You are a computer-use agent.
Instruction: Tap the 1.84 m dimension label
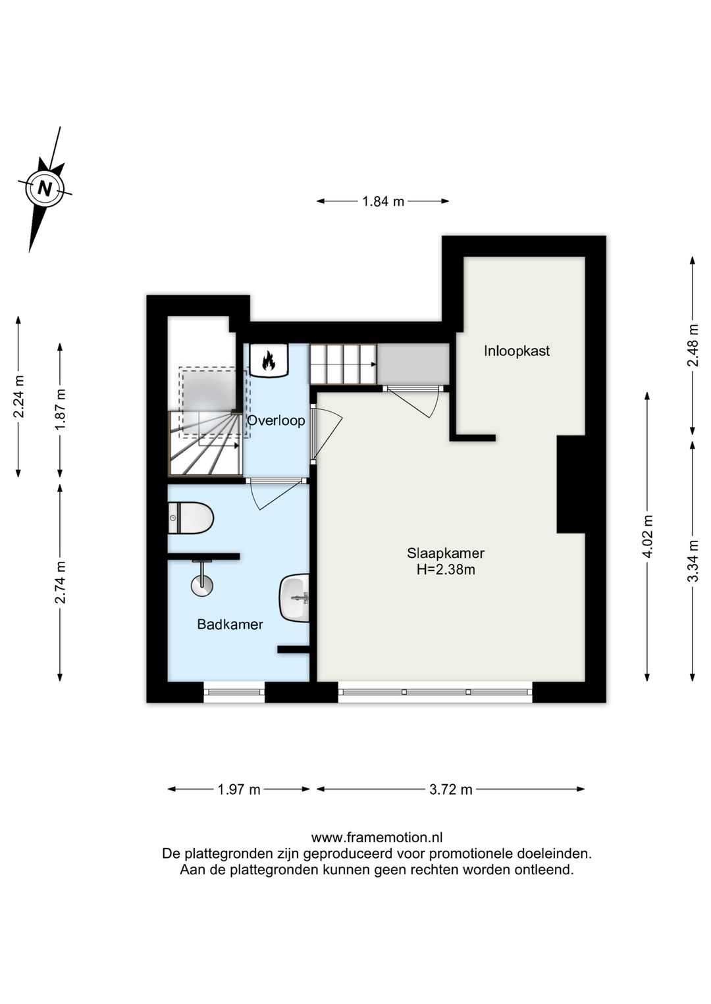383,202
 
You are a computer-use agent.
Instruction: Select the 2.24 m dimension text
19,396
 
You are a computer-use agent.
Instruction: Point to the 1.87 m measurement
60,409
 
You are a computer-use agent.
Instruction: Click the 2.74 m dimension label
60,582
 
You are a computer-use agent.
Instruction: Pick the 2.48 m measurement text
693,345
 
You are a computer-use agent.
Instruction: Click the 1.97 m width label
239,790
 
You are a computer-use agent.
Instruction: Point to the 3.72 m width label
451,790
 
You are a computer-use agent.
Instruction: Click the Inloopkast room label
517,351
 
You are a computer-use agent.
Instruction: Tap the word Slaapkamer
446,553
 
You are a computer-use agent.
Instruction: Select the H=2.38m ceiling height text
446,570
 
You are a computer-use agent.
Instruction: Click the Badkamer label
230,624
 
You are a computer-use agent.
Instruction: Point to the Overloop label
276,420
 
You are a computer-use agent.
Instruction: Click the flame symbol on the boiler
268,361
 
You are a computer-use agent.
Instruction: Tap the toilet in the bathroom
191,518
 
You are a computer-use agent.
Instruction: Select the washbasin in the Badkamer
295,597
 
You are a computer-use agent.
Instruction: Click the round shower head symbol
202,586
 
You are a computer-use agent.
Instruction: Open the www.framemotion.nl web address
377,837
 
